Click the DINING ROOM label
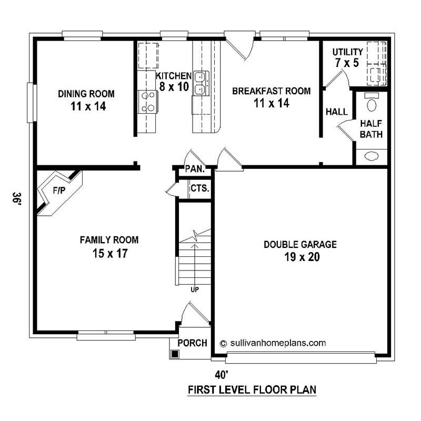point(86,99)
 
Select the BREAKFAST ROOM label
point(271,97)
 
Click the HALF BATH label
point(371,129)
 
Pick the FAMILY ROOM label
point(109,246)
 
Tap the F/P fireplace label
point(58,190)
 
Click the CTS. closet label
point(199,188)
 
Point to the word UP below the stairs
point(195,288)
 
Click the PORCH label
point(192,343)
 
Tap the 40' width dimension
point(222,375)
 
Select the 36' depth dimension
point(17,200)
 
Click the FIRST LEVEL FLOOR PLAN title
point(252,390)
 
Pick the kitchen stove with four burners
point(148,102)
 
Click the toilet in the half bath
point(372,103)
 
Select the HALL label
point(337,112)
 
